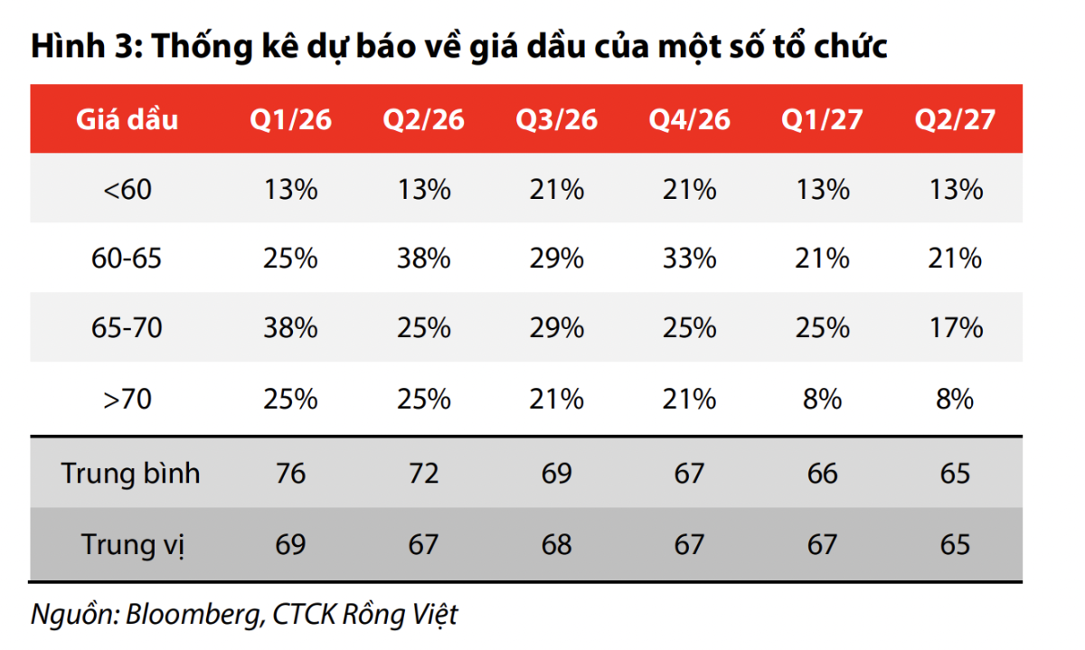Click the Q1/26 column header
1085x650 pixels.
click(291, 120)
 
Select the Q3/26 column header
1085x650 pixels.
click(557, 120)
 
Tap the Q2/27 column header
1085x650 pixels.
click(955, 120)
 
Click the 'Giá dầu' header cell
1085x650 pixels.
click(127, 120)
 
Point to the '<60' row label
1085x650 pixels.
click(127, 189)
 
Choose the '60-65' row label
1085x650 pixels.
click(127, 259)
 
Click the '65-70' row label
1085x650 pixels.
click(127, 328)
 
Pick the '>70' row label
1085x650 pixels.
click(127, 398)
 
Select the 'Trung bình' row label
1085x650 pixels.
click(130, 474)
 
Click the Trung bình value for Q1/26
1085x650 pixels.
click(291, 474)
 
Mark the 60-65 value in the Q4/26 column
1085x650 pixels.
click(689, 259)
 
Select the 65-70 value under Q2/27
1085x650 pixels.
click(955, 328)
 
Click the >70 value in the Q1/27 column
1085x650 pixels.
click(823, 398)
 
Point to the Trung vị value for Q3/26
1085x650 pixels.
click(557, 544)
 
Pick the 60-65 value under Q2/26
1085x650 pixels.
click(424, 259)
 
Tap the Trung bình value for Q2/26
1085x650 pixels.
click(424, 474)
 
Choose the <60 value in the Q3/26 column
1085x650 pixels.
click(557, 189)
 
